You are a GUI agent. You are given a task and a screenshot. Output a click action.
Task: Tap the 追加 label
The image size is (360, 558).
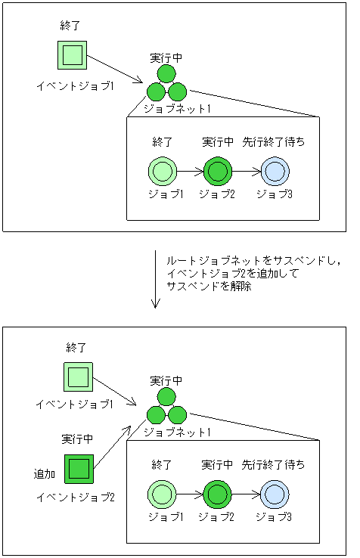tap(45, 474)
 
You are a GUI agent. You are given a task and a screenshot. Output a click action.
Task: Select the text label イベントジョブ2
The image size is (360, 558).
tap(76, 497)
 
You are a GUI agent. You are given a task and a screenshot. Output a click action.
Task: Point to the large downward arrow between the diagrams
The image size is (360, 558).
tap(156, 279)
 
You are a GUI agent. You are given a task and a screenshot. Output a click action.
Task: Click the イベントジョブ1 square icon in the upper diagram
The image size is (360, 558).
tap(73, 54)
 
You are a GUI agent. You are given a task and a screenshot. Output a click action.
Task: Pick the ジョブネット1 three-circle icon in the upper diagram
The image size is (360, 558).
tap(166, 84)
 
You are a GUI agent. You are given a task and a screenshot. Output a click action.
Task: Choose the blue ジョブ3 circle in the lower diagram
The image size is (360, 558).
tap(274, 495)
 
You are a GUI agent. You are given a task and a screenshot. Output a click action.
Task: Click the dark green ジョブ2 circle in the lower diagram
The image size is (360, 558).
tap(218, 495)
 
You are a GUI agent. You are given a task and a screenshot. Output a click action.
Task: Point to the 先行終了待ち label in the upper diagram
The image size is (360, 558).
tap(274, 141)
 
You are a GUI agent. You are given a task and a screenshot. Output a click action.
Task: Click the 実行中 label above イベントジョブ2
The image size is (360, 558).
tap(77, 439)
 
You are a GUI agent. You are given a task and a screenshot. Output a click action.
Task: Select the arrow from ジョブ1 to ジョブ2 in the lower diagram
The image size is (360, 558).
tap(190, 495)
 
